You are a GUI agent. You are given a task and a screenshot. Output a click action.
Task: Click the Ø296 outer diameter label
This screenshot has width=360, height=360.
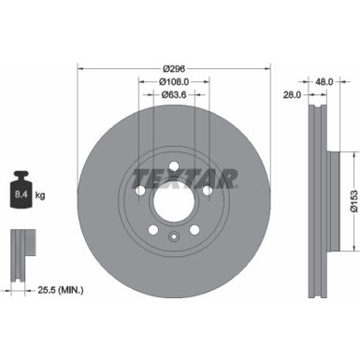click(x=173, y=68)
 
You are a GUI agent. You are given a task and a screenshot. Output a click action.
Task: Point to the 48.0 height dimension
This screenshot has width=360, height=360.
click(x=325, y=81)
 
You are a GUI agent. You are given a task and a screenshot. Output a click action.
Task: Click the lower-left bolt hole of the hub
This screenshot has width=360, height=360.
click(x=153, y=231)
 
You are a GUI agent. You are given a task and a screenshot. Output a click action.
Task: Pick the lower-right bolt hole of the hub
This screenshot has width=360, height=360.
click(x=194, y=231)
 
